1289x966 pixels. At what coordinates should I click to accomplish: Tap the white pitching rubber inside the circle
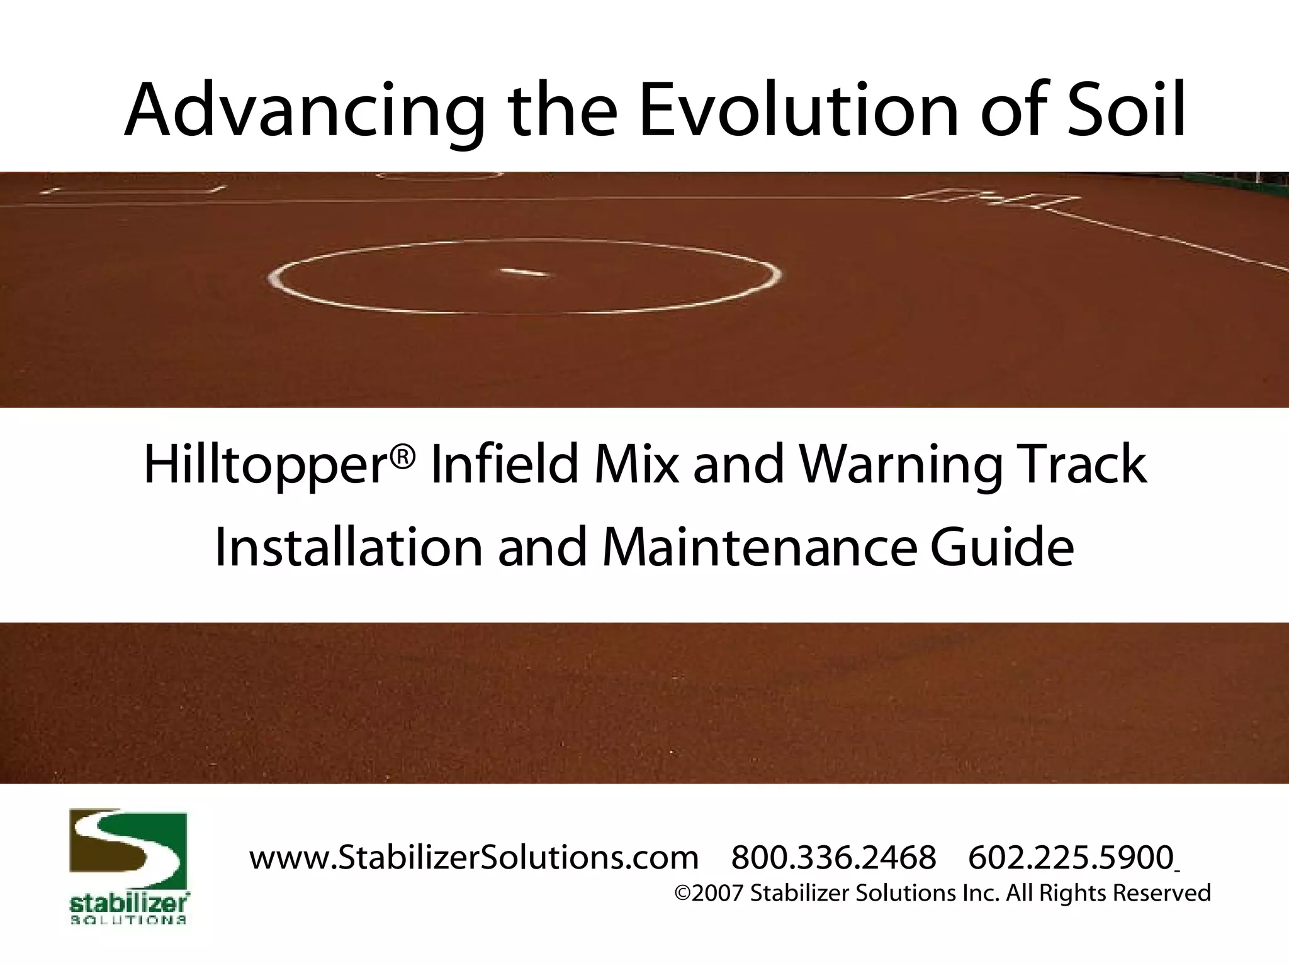click(524, 272)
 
